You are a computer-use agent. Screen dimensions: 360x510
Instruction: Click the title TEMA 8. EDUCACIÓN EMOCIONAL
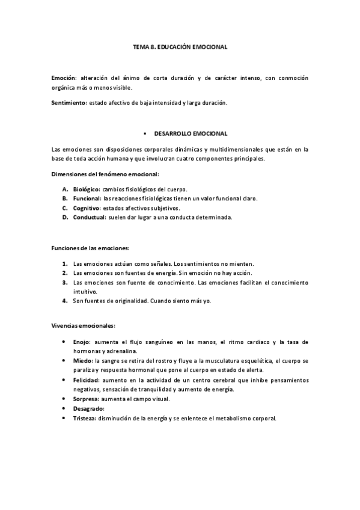pos(180,46)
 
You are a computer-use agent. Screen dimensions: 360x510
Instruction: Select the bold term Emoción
pos(63,78)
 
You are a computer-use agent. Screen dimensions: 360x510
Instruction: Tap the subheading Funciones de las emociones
pos(90,248)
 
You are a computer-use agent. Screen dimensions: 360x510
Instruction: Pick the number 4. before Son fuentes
pos(65,300)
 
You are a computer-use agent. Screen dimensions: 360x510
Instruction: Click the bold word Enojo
pos(82,342)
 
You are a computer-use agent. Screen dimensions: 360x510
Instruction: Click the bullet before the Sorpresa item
pos(64,399)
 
